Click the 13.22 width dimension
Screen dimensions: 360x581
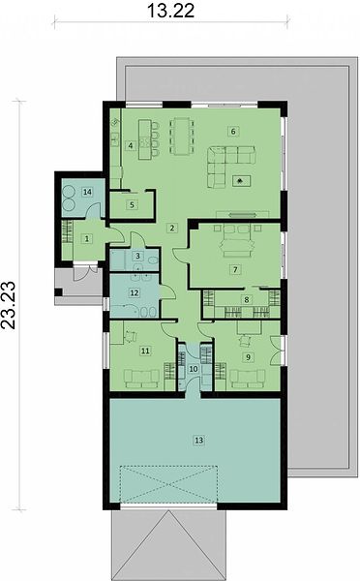coord(170,11)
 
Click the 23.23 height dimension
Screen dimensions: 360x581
coord(9,305)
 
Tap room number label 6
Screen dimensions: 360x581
coord(233,131)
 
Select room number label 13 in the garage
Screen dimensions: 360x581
coord(199,441)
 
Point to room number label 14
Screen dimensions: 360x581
coord(88,192)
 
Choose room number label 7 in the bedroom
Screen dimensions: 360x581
coord(235,269)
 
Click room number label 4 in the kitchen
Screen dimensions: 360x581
coord(131,145)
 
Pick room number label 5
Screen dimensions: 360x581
coord(132,204)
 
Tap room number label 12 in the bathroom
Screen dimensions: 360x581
coord(135,292)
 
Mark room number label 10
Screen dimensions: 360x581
coord(194,369)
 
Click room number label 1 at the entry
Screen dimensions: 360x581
coord(87,238)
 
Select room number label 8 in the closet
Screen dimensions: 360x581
coord(247,300)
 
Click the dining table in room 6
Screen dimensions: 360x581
coord(182,136)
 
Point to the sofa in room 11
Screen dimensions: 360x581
coord(142,379)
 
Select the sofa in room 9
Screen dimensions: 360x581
coord(248,379)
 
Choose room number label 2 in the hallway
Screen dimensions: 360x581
coord(172,228)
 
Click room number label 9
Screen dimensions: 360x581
coord(248,356)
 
